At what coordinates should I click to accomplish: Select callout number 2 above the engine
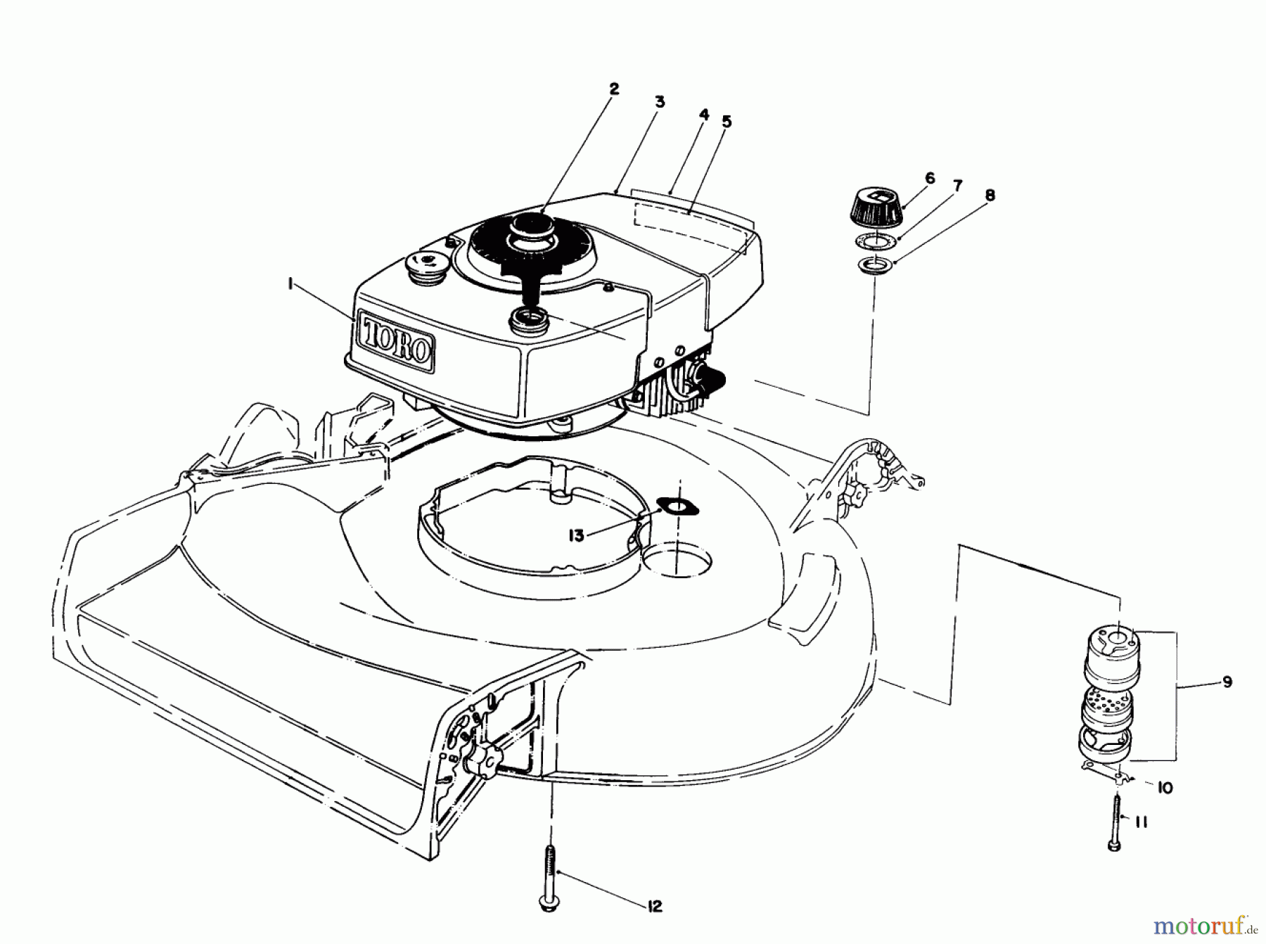coord(613,89)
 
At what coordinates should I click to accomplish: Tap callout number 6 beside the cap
coord(930,178)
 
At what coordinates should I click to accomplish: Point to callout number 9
coord(1227,682)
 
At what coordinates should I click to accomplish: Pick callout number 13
coord(577,536)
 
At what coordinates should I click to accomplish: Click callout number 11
coord(1141,822)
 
